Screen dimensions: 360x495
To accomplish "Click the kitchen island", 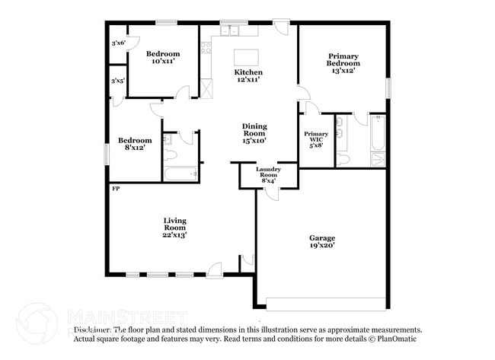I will pos(245,58).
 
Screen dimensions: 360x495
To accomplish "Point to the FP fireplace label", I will pos(116,188).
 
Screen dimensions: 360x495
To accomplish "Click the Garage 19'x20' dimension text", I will pos(321,242).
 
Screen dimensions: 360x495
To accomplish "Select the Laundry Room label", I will pos(268,174).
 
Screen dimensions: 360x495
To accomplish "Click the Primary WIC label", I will pos(316,138).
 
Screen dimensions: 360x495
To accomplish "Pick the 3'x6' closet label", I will pos(118,43).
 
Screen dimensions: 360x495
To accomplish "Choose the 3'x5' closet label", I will pos(118,80).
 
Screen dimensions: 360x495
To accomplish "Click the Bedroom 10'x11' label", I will pos(163,57).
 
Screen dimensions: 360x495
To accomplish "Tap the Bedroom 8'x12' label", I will pos(135,144).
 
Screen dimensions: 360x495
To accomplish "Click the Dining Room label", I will pos(254,133).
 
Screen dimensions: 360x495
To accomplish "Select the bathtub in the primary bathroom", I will pos(377,139).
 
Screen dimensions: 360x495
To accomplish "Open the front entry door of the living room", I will pos(214,270).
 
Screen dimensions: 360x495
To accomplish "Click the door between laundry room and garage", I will pos(272,191).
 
